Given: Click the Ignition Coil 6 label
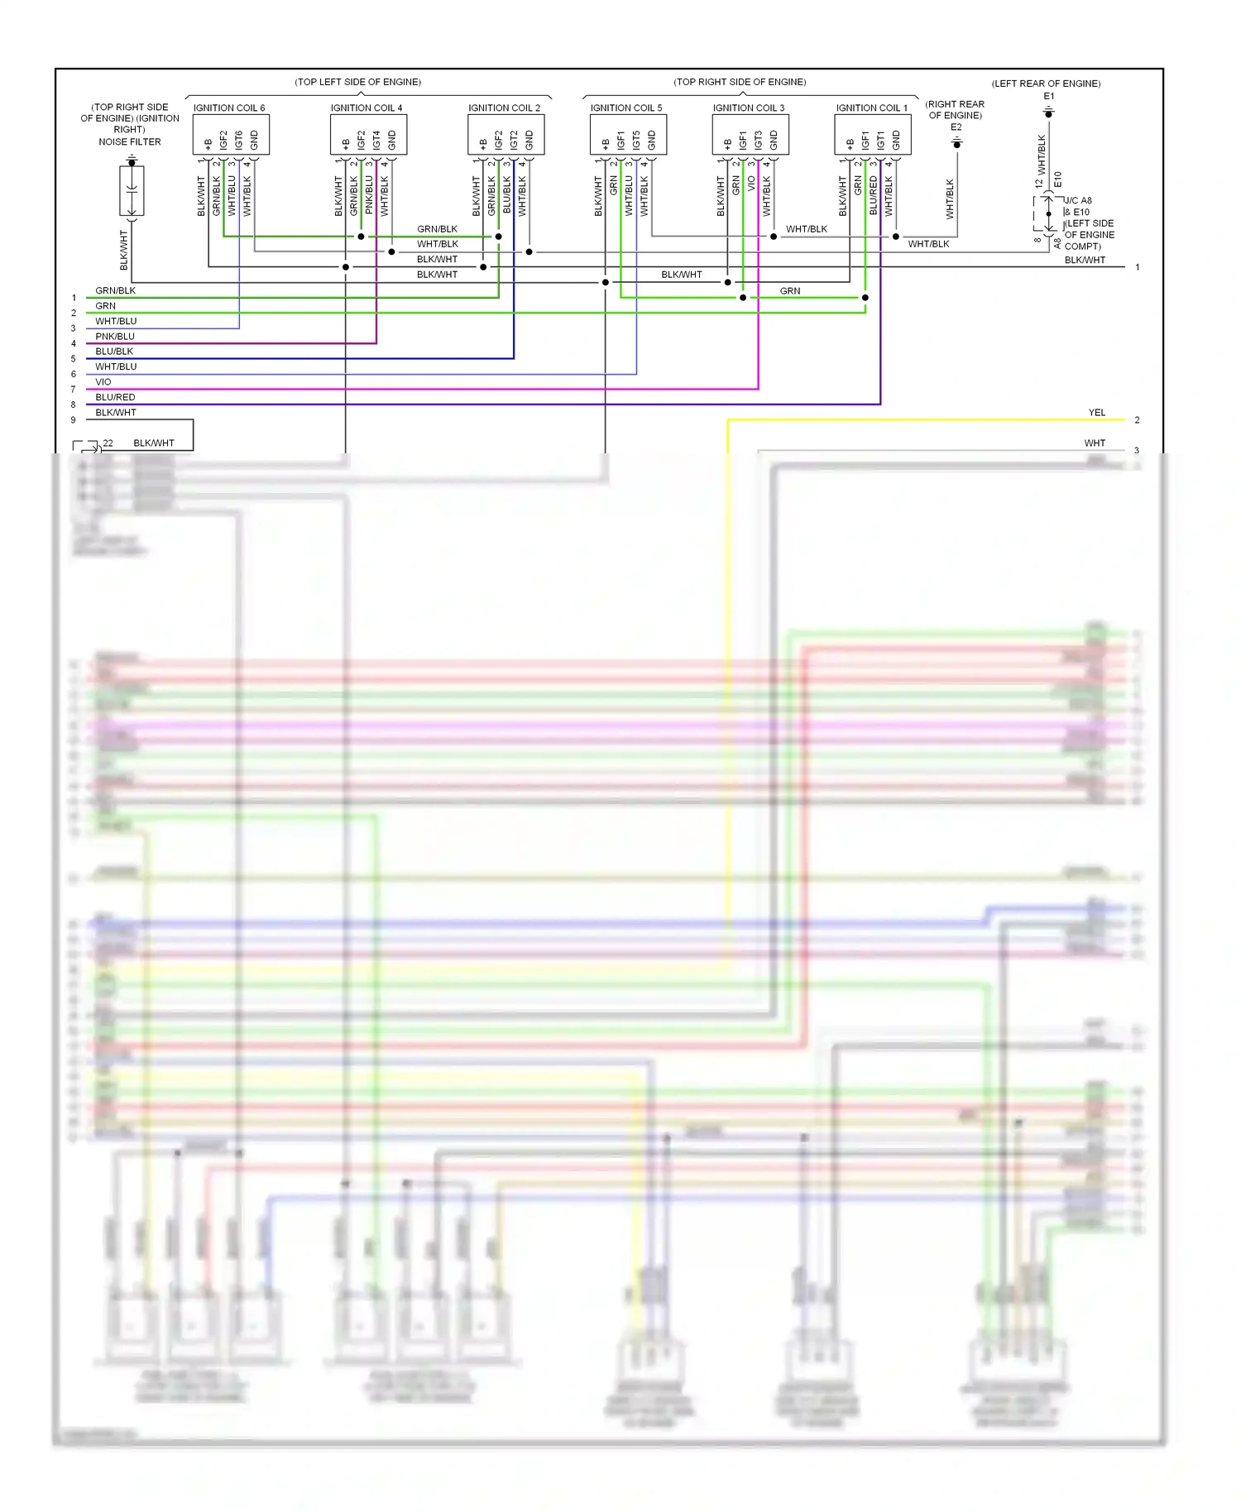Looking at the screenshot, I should (x=229, y=108).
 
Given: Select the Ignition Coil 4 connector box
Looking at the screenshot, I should (x=368, y=135).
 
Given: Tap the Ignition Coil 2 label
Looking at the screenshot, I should (x=504, y=108).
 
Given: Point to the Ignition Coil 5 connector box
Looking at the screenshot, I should (x=628, y=135).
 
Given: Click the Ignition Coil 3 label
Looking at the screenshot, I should (x=749, y=108).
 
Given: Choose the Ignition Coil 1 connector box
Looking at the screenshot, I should (x=873, y=135).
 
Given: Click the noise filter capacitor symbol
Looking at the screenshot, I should (x=132, y=191).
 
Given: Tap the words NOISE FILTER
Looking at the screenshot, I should (x=130, y=142).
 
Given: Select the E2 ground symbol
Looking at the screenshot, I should (x=956, y=144).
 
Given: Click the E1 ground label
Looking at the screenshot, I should (x=1048, y=97).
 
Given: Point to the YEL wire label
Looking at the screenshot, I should (x=1096, y=413).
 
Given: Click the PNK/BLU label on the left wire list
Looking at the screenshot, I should (x=115, y=337).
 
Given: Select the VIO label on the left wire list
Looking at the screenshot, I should (x=103, y=382).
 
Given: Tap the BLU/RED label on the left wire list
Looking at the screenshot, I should (x=115, y=397).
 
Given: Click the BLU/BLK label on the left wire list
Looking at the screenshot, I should (x=114, y=352).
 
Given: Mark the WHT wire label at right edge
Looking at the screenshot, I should (x=1095, y=443).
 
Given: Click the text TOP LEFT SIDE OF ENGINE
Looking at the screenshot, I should (x=358, y=82).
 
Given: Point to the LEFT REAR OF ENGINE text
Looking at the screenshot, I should (x=1046, y=84).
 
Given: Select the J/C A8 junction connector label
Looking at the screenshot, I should (x=1078, y=201).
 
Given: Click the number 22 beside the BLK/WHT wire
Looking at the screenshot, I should (x=108, y=443).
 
